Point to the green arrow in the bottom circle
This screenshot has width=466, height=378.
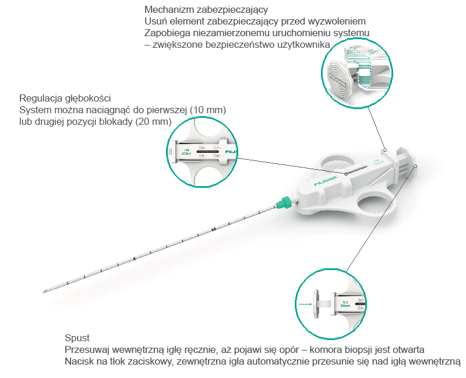(x=304, y=303)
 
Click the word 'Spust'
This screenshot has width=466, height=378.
(x=77, y=338)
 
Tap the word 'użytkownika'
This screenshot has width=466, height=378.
(x=306, y=44)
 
